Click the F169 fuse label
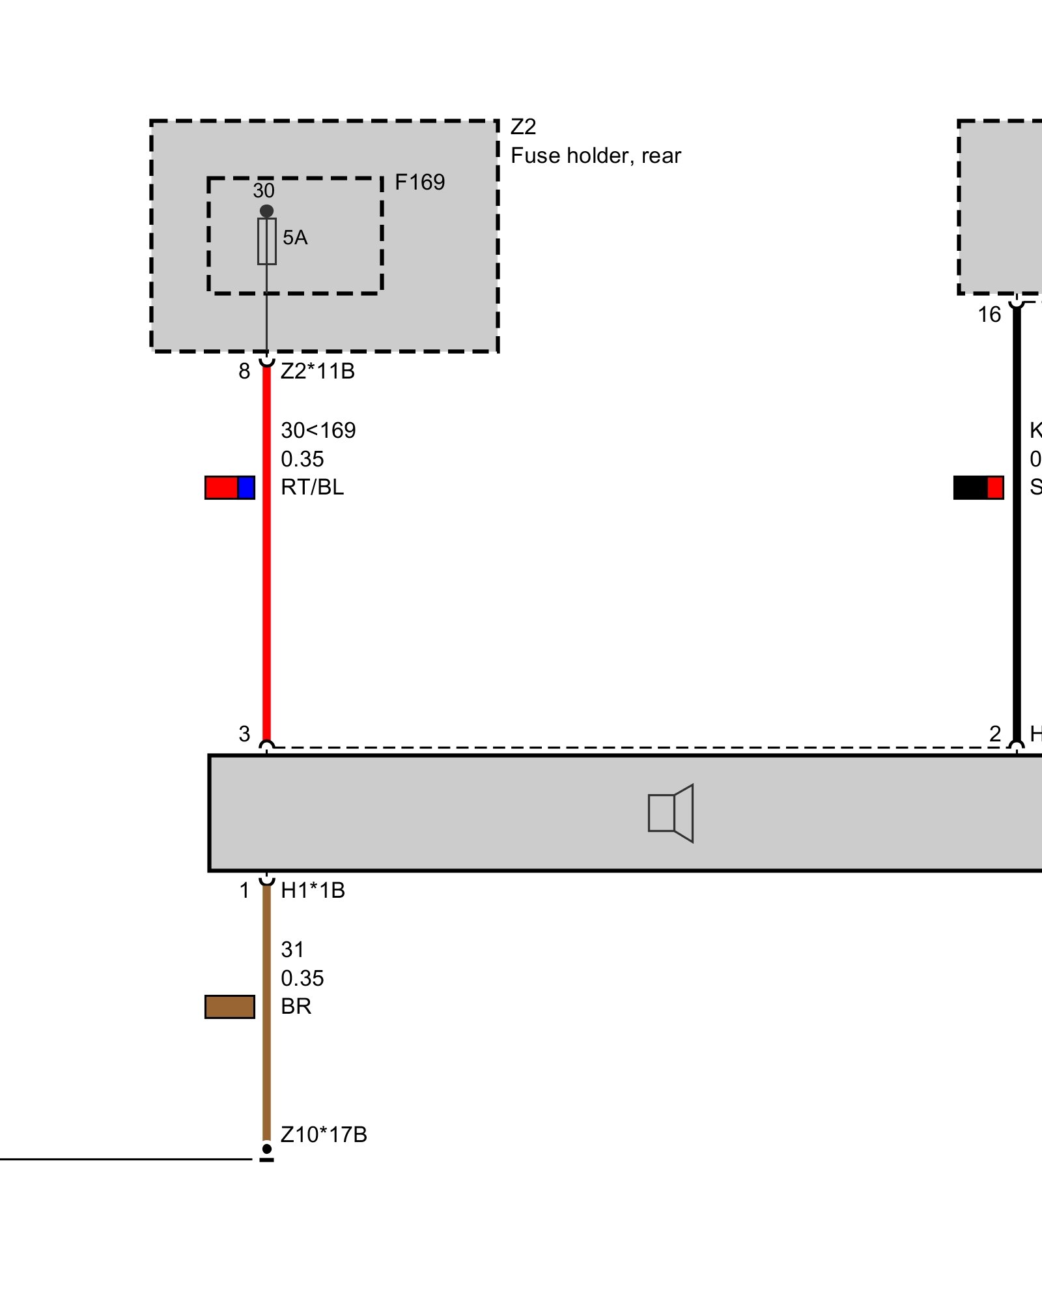(419, 182)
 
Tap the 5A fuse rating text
(294, 238)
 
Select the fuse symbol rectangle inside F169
(266, 241)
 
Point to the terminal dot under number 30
(266, 211)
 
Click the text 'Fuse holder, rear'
(595, 156)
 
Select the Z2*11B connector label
(317, 371)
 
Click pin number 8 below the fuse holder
(244, 371)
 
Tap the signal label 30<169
(318, 431)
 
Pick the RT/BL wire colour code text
(312, 487)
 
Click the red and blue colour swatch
(230, 487)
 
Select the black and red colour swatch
(978, 487)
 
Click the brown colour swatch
(230, 1007)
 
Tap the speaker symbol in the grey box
(671, 813)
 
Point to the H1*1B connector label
(313, 891)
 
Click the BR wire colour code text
(296, 1007)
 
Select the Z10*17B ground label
(324, 1135)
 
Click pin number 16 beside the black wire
(989, 315)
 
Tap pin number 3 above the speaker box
(244, 734)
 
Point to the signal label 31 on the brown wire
(292, 950)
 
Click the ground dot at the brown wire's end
(266, 1149)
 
